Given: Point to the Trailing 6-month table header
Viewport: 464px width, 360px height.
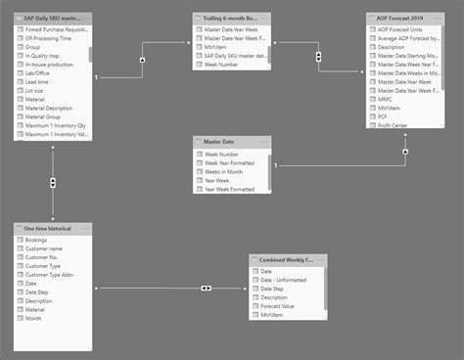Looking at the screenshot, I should (233, 19).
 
